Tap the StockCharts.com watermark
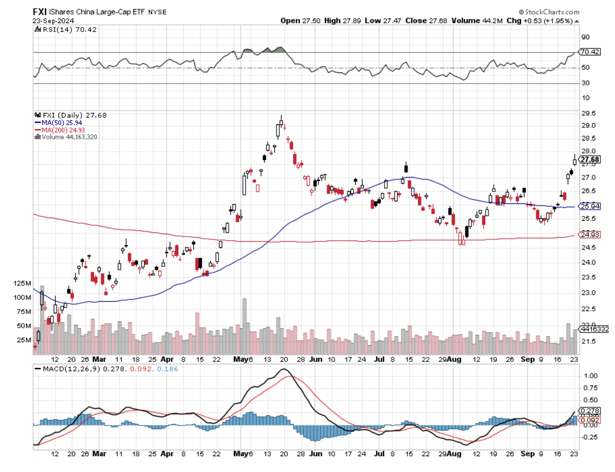coord(549,11)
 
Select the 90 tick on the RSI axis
coord(585,38)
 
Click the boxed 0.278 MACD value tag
coord(590,411)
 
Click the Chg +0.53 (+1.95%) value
coord(548,21)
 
